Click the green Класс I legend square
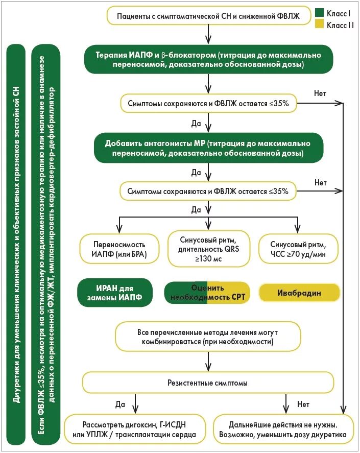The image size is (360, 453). pos(320,12)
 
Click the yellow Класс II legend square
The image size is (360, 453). pos(320,24)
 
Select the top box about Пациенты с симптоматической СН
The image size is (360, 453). pos(208,16)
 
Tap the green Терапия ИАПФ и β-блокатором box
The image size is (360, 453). pos(208,59)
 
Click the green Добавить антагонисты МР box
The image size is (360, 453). pos(208,147)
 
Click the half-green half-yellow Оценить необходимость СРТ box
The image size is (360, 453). pos(207,293)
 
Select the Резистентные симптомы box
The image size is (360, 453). pos(208,383)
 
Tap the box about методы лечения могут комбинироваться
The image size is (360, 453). pos(208,336)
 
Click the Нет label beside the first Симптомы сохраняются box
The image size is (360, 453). pos(321,93)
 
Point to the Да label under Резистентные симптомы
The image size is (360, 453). pos(121,404)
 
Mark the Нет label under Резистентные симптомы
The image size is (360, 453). pos(303,404)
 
